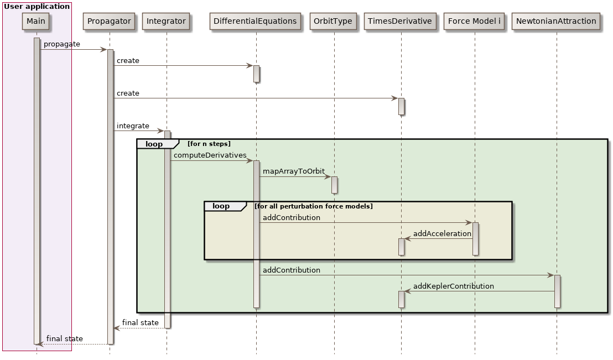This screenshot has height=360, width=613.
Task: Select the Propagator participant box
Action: coord(109,21)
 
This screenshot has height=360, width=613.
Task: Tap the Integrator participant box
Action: coord(166,21)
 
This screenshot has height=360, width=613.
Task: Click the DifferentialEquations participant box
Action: coord(255,21)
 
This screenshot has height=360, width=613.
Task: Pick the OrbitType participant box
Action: coord(333,21)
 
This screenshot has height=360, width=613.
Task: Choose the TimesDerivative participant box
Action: coord(400,21)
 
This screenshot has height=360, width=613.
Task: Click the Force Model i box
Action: coord(474,21)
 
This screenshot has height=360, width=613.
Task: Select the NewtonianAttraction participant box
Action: coord(555,21)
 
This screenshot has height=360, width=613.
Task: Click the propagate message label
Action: coord(61,44)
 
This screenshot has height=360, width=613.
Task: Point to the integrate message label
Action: coord(133,126)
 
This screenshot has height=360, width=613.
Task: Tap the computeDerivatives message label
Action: coord(210,155)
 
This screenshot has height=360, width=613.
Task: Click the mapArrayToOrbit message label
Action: coord(293,171)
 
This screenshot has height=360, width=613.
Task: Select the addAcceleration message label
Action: coord(442,234)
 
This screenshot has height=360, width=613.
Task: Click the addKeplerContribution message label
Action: coord(453,286)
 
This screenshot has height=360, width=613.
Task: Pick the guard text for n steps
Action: coord(209,144)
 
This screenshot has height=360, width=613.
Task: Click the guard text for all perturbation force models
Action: coord(313,206)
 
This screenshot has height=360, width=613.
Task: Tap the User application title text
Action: coord(37,7)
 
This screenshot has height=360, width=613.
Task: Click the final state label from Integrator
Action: coord(140,322)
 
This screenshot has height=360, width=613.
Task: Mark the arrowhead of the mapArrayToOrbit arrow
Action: coord(328,177)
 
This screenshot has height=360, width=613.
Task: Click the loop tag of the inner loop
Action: coord(221,206)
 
